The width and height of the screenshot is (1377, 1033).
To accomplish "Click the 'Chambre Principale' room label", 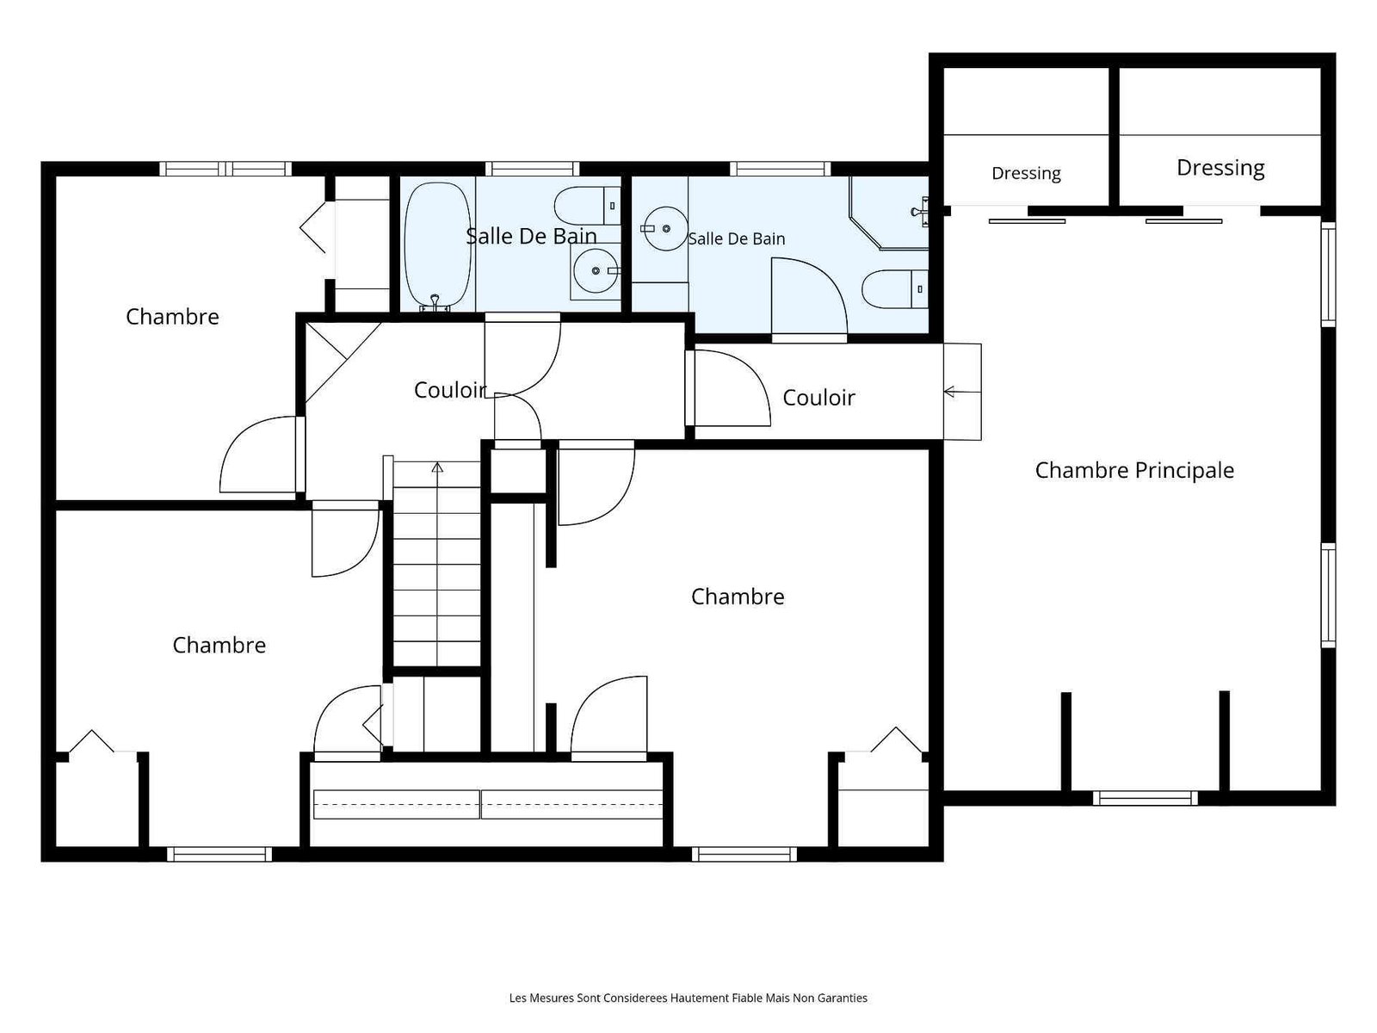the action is (x=1133, y=470).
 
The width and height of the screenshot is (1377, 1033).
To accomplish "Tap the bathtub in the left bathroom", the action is (x=436, y=246).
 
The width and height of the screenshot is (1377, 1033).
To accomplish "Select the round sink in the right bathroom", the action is (x=665, y=228).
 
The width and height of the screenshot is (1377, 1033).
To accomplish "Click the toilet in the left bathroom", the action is (x=587, y=206).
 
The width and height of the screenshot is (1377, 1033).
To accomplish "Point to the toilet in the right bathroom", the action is (x=894, y=289).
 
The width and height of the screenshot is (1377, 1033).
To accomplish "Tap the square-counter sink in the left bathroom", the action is (x=596, y=271).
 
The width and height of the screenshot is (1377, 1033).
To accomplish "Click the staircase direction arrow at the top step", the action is (x=437, y=467).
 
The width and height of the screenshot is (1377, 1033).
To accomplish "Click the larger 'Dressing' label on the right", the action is (x=1220, y=168).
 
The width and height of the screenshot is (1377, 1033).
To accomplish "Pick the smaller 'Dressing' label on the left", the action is (x=1026, y=173).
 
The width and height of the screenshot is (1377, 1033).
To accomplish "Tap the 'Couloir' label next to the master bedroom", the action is (x=818, y=398).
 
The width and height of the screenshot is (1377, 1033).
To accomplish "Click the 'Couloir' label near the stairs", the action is (x=450, y=390).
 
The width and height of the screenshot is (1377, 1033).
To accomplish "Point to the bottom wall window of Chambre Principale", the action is (x=1145, y=798).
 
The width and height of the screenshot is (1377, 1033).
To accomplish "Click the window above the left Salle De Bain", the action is (x=532, y=169).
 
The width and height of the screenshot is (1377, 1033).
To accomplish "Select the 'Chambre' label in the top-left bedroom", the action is (x=172, y=317).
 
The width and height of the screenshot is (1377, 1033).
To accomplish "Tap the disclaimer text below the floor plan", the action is (x=688, y=998).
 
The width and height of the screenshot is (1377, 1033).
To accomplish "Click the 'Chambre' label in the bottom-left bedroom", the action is (x=219, y=646).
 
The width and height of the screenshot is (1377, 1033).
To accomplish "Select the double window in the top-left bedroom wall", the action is (x=225, y=169).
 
